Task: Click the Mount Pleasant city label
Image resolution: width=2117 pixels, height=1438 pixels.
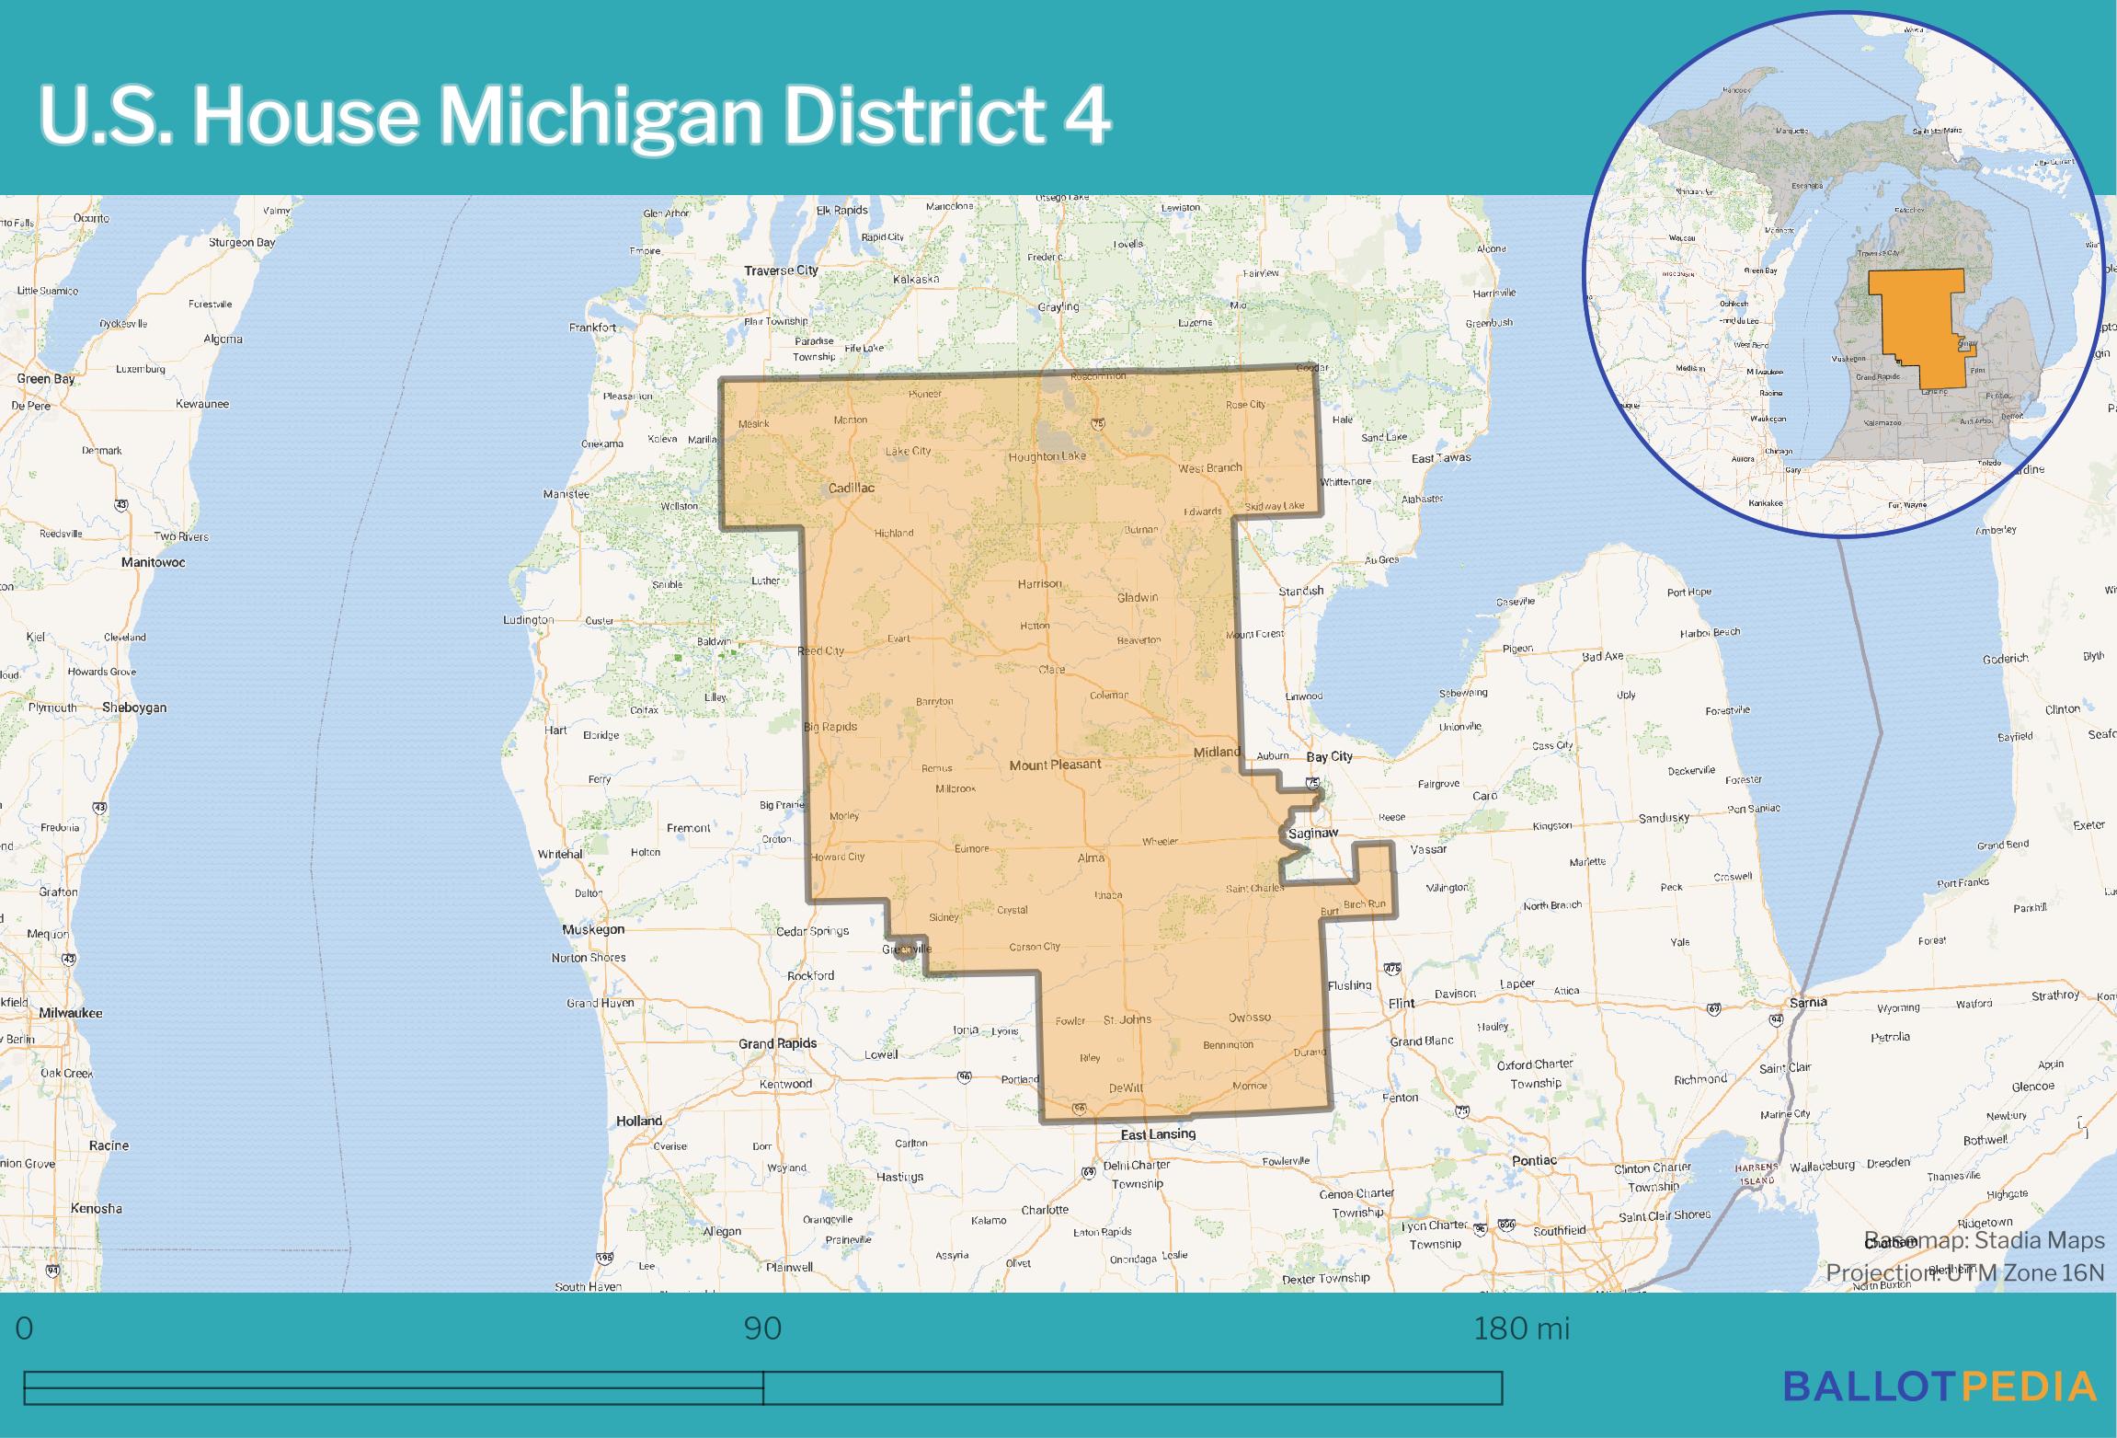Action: tap(1055, 765)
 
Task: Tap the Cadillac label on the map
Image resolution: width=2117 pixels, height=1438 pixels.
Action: tap(851, 489)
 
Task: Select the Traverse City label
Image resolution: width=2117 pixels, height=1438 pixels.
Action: tap(781, 270)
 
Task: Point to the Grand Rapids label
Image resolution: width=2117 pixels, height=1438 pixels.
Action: tap(777, 1044)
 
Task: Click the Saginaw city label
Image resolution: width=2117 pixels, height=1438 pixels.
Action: tap(1312, 834)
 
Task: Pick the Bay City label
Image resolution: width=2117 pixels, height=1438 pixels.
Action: tap(1330, 756)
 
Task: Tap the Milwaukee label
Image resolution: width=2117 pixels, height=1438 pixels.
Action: tap(71, 1013)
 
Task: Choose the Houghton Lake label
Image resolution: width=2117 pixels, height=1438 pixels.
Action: tap(1047, 456)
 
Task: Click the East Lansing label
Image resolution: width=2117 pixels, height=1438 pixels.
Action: tap(1158, 1134)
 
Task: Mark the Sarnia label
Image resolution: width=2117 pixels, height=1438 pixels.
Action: tap(1807, 1002)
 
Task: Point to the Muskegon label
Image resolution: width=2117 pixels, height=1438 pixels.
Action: tap(593, 929)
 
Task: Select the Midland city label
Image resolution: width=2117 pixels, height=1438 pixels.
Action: tap(1217, 752)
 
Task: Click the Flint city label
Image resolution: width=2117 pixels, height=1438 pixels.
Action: tap(1402, 1003)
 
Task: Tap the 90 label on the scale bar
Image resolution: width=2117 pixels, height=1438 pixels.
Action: tap(762, 1329)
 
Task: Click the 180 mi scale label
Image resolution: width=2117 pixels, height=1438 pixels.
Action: tap(1521, 1329)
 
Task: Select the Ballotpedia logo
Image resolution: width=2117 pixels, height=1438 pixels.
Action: tap(1940, 1386)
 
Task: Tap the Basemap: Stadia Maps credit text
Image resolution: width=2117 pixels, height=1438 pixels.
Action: tap(1984, 1240)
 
